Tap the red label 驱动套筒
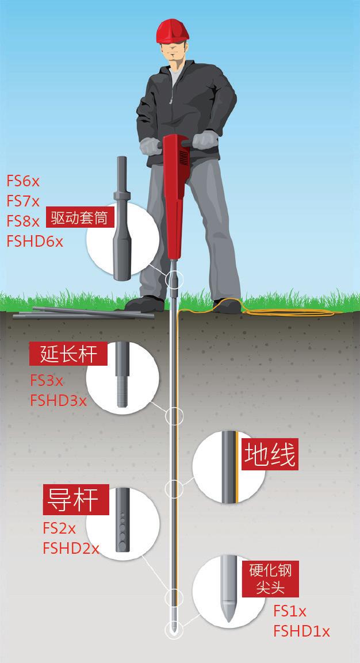pyautogui.click(x=79, y=218)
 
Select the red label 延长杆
pyautogui.click(x=68, y=354)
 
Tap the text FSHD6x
pyautogui.click(x=35, y=240)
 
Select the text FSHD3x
pyautogui.click(x=58, y=400)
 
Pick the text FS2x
pyautogui.click(x=59, y=527)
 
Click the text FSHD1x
pyautogui.click(x=301, y=631)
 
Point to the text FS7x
pyautogui.click(x=23, y=201)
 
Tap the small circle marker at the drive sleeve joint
pyautogui.click(x=174, y=279)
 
